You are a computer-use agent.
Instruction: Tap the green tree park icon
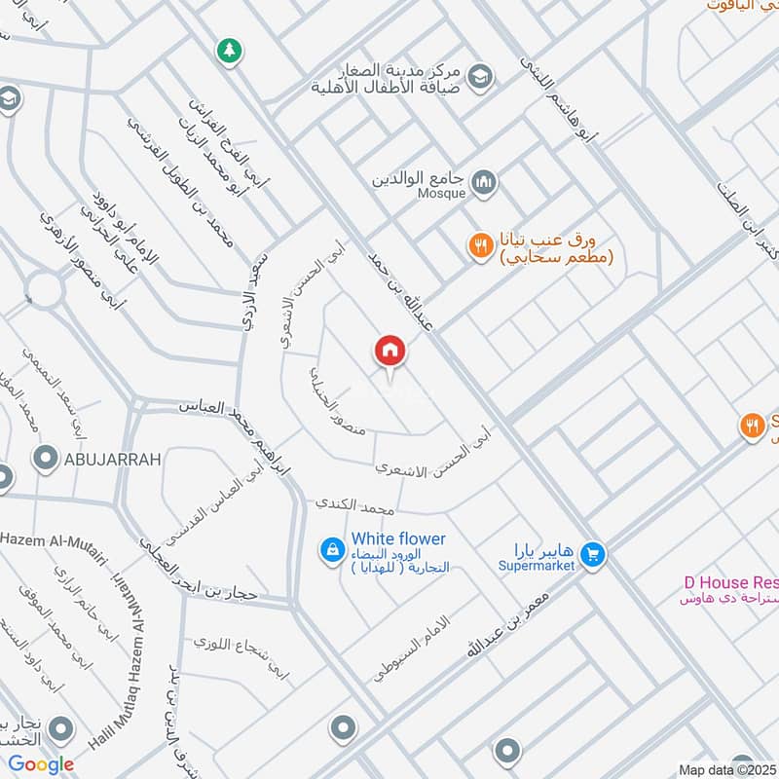pyautogui.click(x=229, y=51)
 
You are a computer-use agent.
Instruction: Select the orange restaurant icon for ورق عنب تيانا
pyautogui.click(x=479, y=246)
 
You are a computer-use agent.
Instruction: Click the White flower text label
pyautogui.click(x=398, y=538)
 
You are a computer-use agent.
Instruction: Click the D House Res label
pyautogui.click(x=729, y=581)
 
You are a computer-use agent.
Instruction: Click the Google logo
pyautogui.click(x=41, y=764)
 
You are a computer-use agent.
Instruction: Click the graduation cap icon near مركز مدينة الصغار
pyautogui.click(x=479, y=75)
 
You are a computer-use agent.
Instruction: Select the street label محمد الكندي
pyautogui.click(x=353, y=506)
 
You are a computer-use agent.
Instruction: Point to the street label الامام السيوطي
pyautogui.click(x=415, y=649)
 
